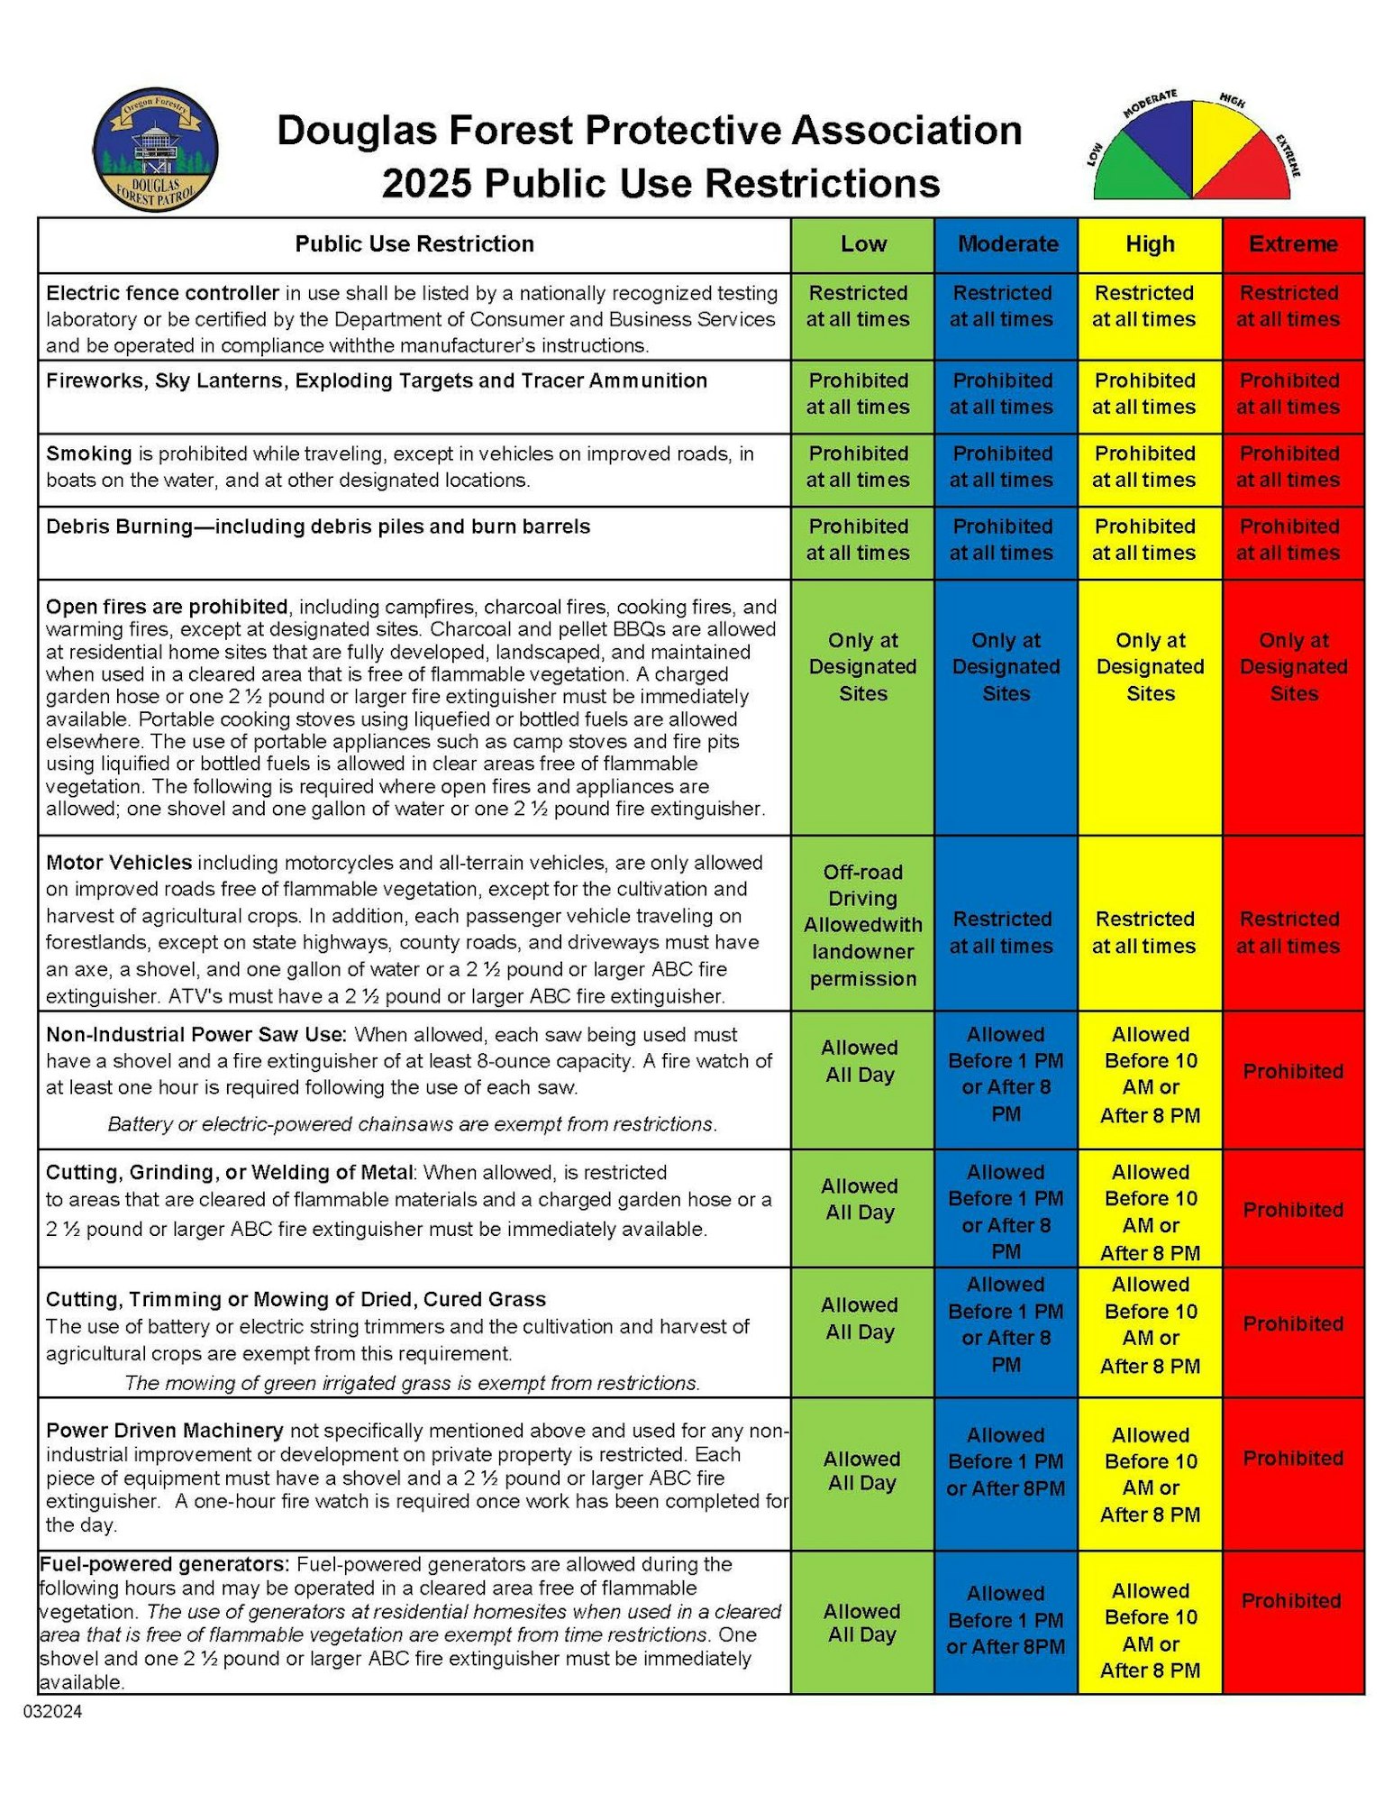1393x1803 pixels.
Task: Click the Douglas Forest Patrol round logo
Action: pyautogui.click(x=155, y=150)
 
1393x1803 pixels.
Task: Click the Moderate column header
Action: pyautogui.click(x=1006, y=244)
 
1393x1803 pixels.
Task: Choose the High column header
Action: pyautogui.click(x=1150, y=244)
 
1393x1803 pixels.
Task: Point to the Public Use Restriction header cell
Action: pyautogui.click(x=414, y=244)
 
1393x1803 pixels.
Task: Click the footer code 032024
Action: pyautogui.click(x=53, y=1711)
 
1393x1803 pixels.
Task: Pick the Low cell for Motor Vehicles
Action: pyautogui.click(x=862, y=924)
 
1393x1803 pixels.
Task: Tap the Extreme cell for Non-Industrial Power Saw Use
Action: pyautogui.click(x=1293, y=1072)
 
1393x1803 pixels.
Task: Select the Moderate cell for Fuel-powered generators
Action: pyautogui.click(x=1006, y=1620)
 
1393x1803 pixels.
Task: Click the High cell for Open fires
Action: pyautogui.click(x=1150, y=667)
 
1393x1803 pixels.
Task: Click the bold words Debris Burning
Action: pyautogui.click(x=119, y=526)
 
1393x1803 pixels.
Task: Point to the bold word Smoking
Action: pyautogui.click(x=89, y=453)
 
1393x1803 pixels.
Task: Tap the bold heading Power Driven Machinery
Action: pyautogui.click(x=165, y=1431)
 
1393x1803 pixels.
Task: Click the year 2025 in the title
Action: pyautogui.click(x=427, y=183)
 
